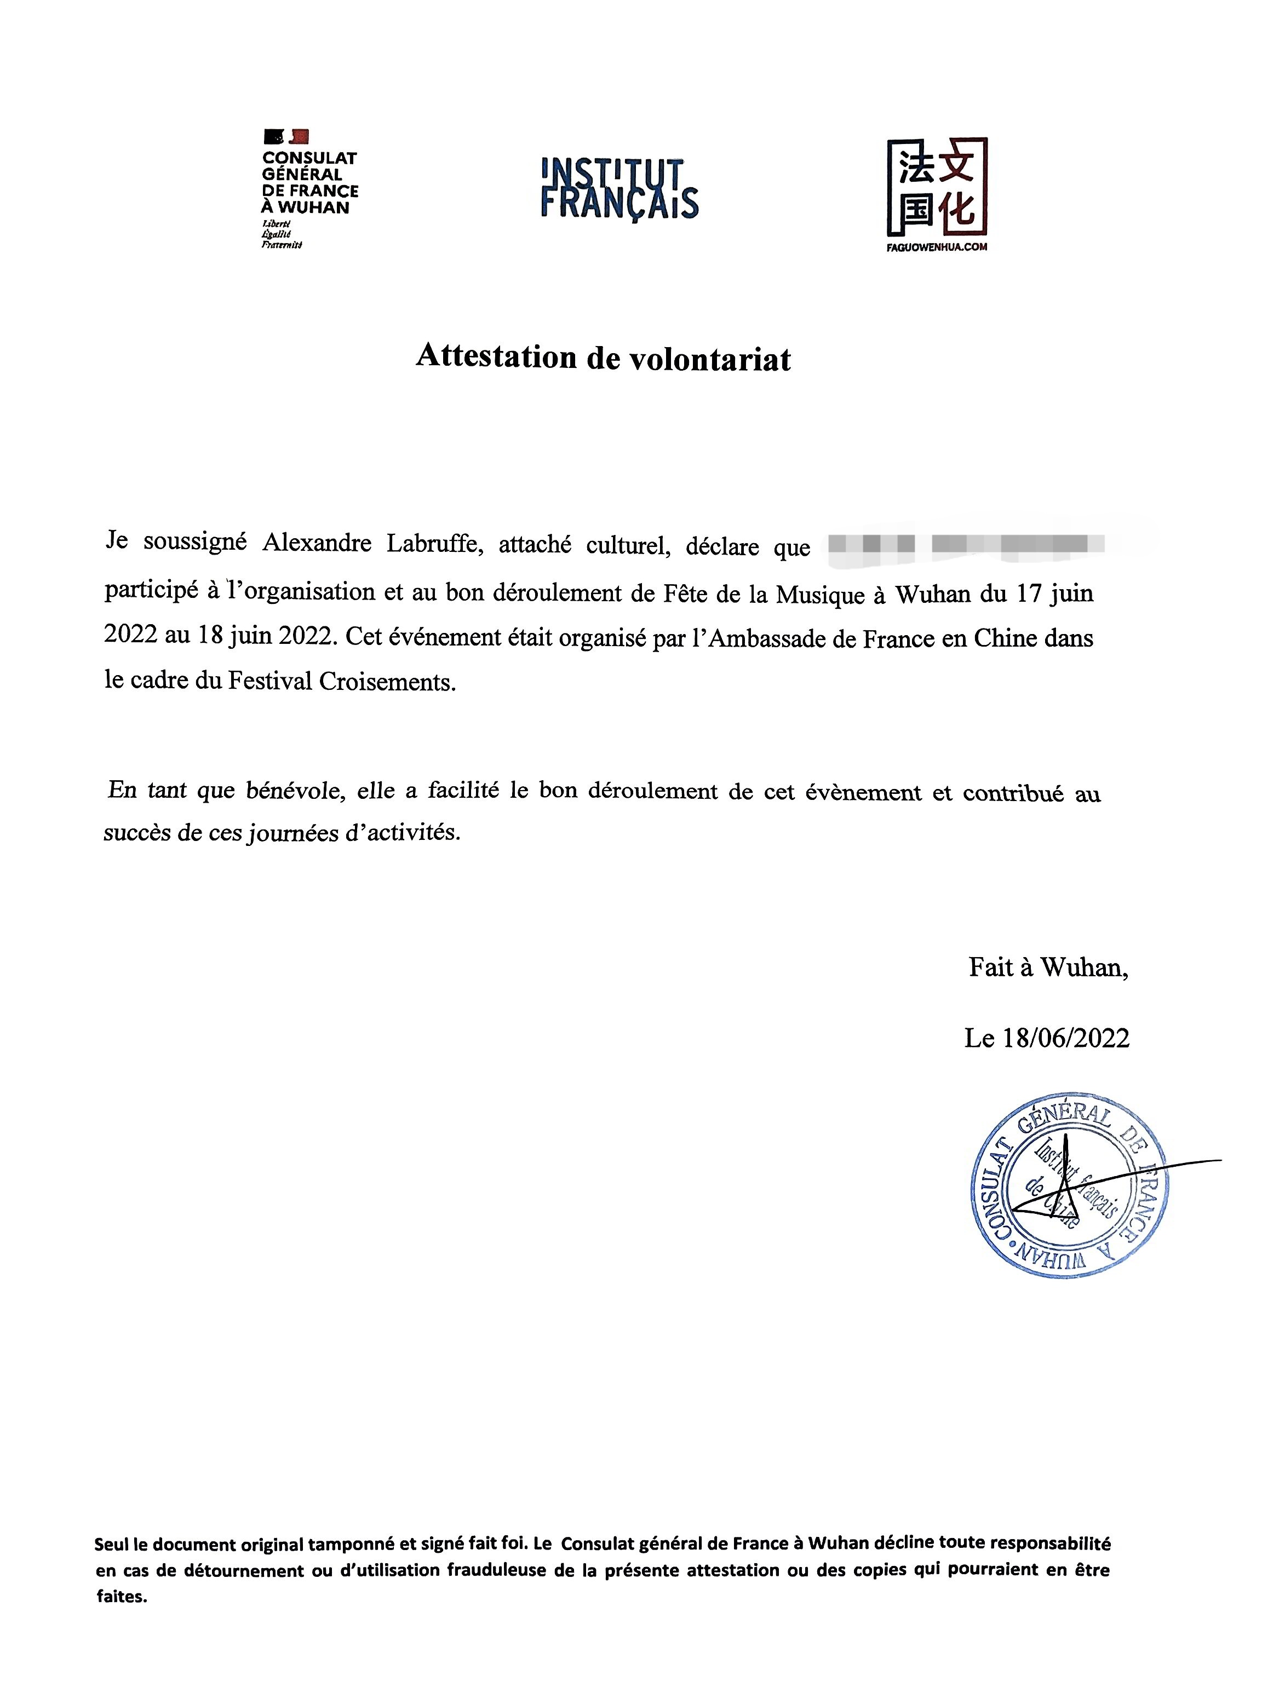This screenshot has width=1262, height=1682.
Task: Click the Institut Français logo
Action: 619,188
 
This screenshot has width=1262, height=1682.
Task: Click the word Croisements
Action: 387,681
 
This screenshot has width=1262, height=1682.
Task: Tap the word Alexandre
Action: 317,544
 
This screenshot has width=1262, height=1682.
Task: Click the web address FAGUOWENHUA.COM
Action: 937,247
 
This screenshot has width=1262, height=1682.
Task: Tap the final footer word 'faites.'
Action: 122,1597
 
